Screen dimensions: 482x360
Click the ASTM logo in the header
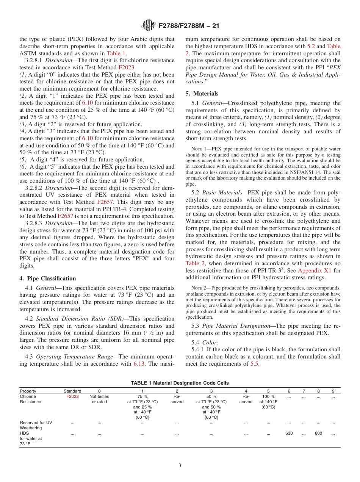tap(149, 26)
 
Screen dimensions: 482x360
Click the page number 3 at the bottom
tap(180, 465)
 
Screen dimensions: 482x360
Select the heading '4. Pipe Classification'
tap(47, 278)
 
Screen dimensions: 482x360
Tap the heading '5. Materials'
tap(202, 93)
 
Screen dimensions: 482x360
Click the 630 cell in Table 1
tap(289, 433)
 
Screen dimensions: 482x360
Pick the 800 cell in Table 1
tap(318, 433)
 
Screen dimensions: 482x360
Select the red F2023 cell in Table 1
tap(72, 396)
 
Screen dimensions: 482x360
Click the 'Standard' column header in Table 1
tap(72, 391)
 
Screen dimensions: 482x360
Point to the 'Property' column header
tap(28, 391)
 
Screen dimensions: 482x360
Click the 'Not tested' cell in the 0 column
tap(99, 396)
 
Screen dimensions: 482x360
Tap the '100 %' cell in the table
tap(268, 396)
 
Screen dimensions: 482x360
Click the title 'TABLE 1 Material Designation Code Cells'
tap(180, 383)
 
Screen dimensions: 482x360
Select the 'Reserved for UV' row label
tap(36, 423)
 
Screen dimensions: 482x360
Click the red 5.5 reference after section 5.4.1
tap(255, 364)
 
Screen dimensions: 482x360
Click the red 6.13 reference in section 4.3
tap(138, 364)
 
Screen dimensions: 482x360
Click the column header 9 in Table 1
tap(333, 391)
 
